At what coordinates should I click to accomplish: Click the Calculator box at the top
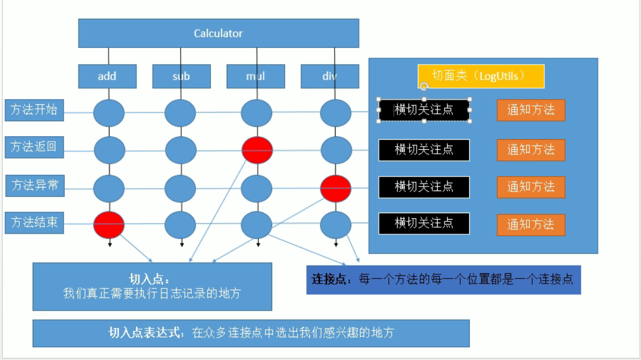(219, 33)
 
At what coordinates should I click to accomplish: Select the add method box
(107, 76)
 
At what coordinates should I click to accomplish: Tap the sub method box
(181, 76)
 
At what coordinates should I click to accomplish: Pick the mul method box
(256, 76)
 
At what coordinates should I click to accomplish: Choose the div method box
(330, 76)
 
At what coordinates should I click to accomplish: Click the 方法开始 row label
(34, 110)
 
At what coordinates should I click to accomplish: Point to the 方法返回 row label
(34, 147)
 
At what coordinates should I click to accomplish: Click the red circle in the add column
(109, 225)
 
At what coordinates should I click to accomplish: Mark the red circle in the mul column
(257, 150)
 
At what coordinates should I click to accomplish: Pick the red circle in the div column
(336, 188)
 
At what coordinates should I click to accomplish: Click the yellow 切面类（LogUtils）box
(481, 76)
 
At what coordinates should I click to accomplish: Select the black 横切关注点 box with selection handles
(424, 110)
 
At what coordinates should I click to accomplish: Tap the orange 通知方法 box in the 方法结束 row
(531, 224)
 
